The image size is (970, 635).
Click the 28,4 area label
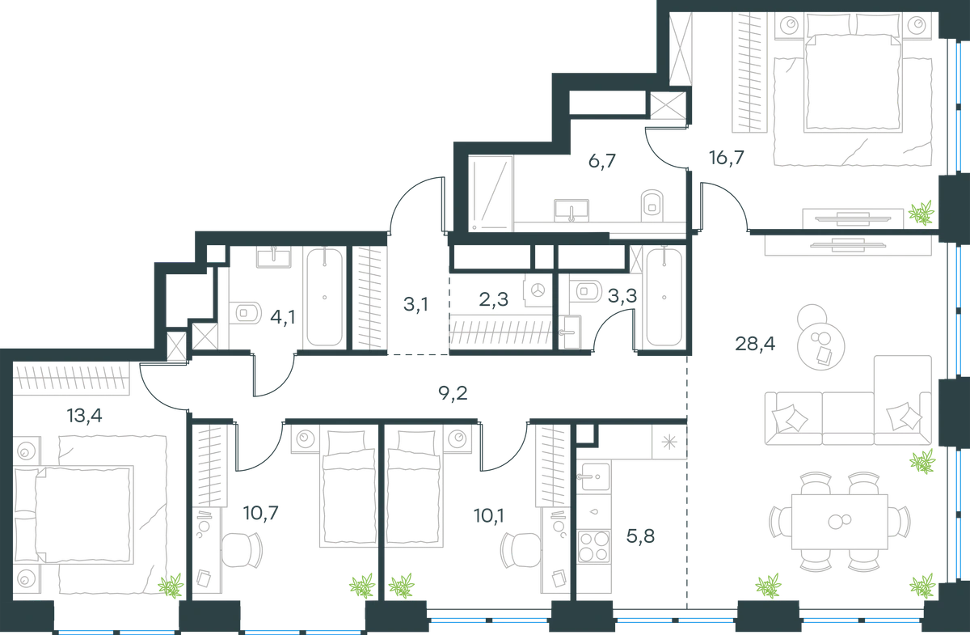755,345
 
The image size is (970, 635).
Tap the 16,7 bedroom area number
726,158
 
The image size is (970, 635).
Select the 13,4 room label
84,416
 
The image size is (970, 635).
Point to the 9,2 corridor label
453,394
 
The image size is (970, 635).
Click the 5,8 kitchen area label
640,536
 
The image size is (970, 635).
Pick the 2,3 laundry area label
494,299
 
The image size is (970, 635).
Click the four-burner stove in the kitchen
593,546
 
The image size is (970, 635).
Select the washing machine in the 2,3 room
538,290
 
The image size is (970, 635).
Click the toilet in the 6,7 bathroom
652,205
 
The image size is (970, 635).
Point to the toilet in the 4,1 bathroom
245,312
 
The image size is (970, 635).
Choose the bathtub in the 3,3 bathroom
664,298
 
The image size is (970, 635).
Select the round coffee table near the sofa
820,346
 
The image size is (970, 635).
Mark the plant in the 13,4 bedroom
171,586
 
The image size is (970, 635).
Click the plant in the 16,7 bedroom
921,213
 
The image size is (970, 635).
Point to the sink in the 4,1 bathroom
274,256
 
